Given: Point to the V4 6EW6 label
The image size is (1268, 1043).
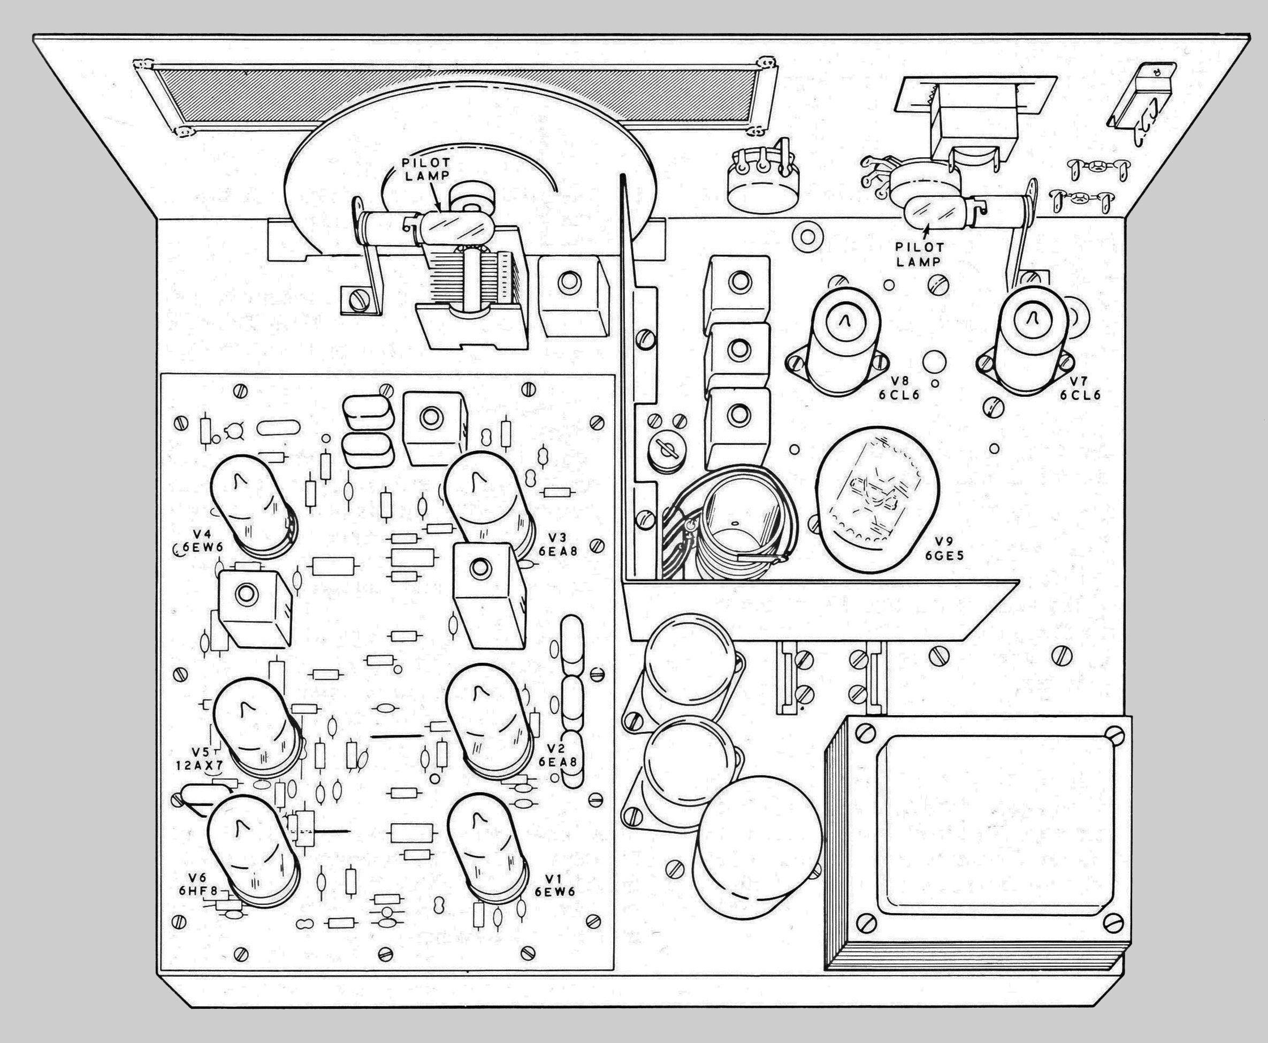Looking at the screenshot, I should click(x=191, y=541).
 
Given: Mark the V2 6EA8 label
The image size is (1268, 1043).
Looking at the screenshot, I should click(x=557, y=756).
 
